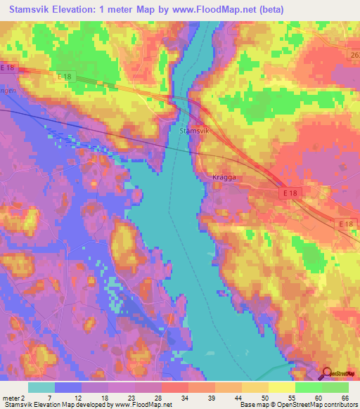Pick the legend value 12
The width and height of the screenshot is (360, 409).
coord(77,398)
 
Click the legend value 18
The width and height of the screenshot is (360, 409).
coord(104,398)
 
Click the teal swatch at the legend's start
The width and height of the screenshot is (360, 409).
coord(41,387)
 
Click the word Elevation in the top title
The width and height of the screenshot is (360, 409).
coord(85,9)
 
